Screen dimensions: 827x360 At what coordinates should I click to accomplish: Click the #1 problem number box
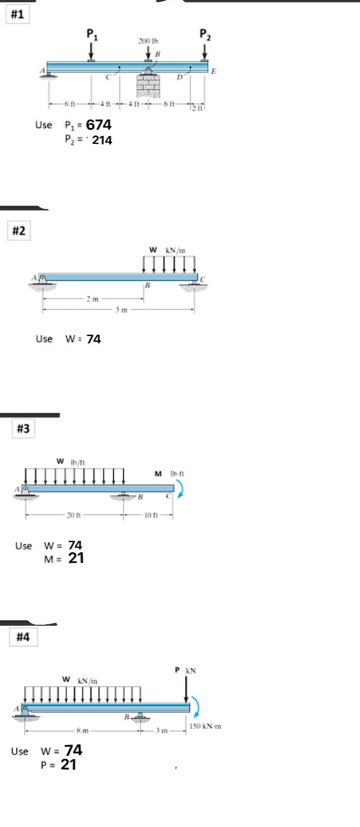coord(17,15)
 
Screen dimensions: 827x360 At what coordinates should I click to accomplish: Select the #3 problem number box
coord(23,429)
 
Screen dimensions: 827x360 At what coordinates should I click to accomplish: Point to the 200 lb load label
coord(148,41)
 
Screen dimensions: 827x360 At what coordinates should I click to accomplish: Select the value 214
coord(102,141)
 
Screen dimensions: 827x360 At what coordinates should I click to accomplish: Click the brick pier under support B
coord(148,85)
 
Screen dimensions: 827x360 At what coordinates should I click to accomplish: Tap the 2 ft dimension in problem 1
coord(197,108)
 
